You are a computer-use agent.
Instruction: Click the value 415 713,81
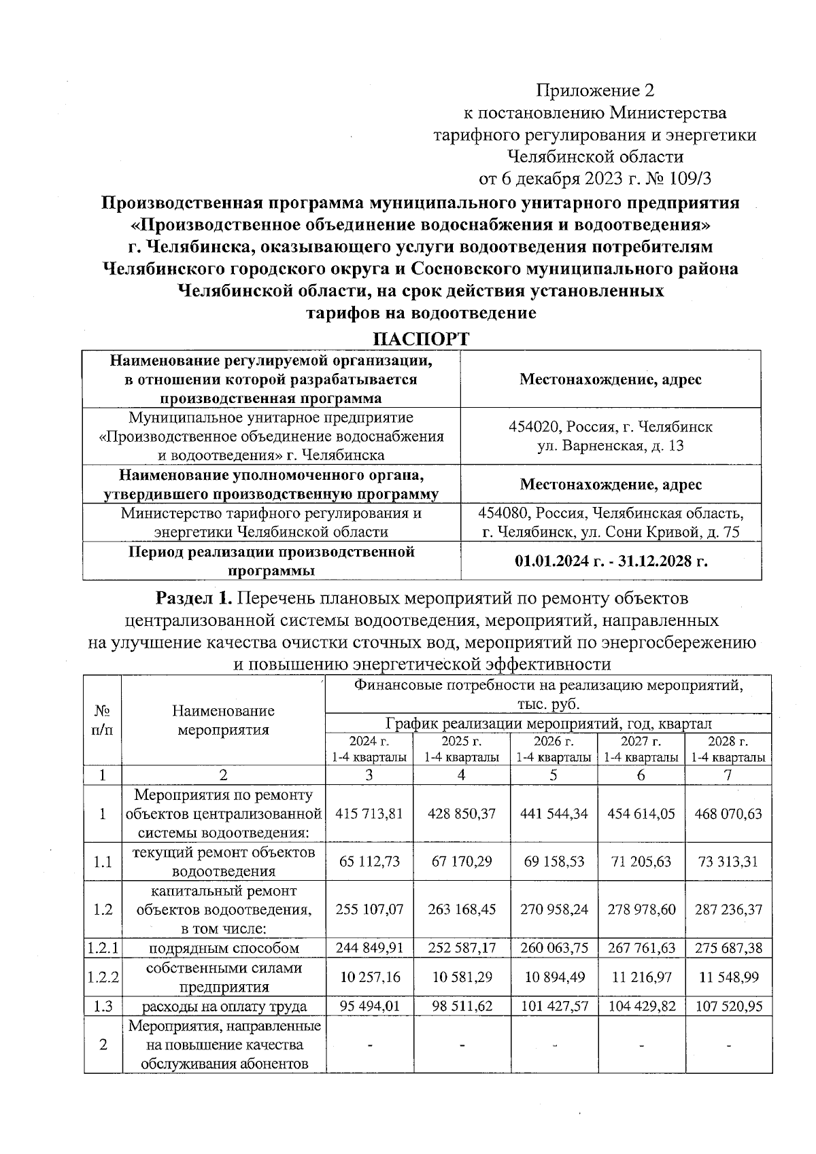pyautogui.click(x=369, y=814)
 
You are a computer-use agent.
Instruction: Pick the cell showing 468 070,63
pyautogui.click(x=728, y=814)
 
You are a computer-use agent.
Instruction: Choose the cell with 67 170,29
pyautogui.click(x=462, y=861)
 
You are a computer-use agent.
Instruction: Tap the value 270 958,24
pyautogui.click(x=554, y=909)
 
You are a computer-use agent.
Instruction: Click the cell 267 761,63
pyautogui.click(x=641, y=947)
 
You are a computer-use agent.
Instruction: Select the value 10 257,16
pyautogui.click(x=369, y=977)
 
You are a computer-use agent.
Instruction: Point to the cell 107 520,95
pyautogui.click(x=728, y=1006)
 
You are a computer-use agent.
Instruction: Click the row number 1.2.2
pyautogui.click(x=103, y=977)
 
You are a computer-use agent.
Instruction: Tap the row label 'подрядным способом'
pyautogui.click(x=223, y=947)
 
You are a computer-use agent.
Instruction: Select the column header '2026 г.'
pyautogui.click(x=554, y=741)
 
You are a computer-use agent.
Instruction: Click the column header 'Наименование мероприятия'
pyautogui.click(x=223, y=720)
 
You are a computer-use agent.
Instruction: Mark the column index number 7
pyautogui.click(x=728, y=775)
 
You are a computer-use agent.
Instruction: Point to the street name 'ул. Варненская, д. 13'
pyautogui.click(x=611, y=446)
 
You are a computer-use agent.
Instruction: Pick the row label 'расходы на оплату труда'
pyautogui.click(x=223, y=1006)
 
